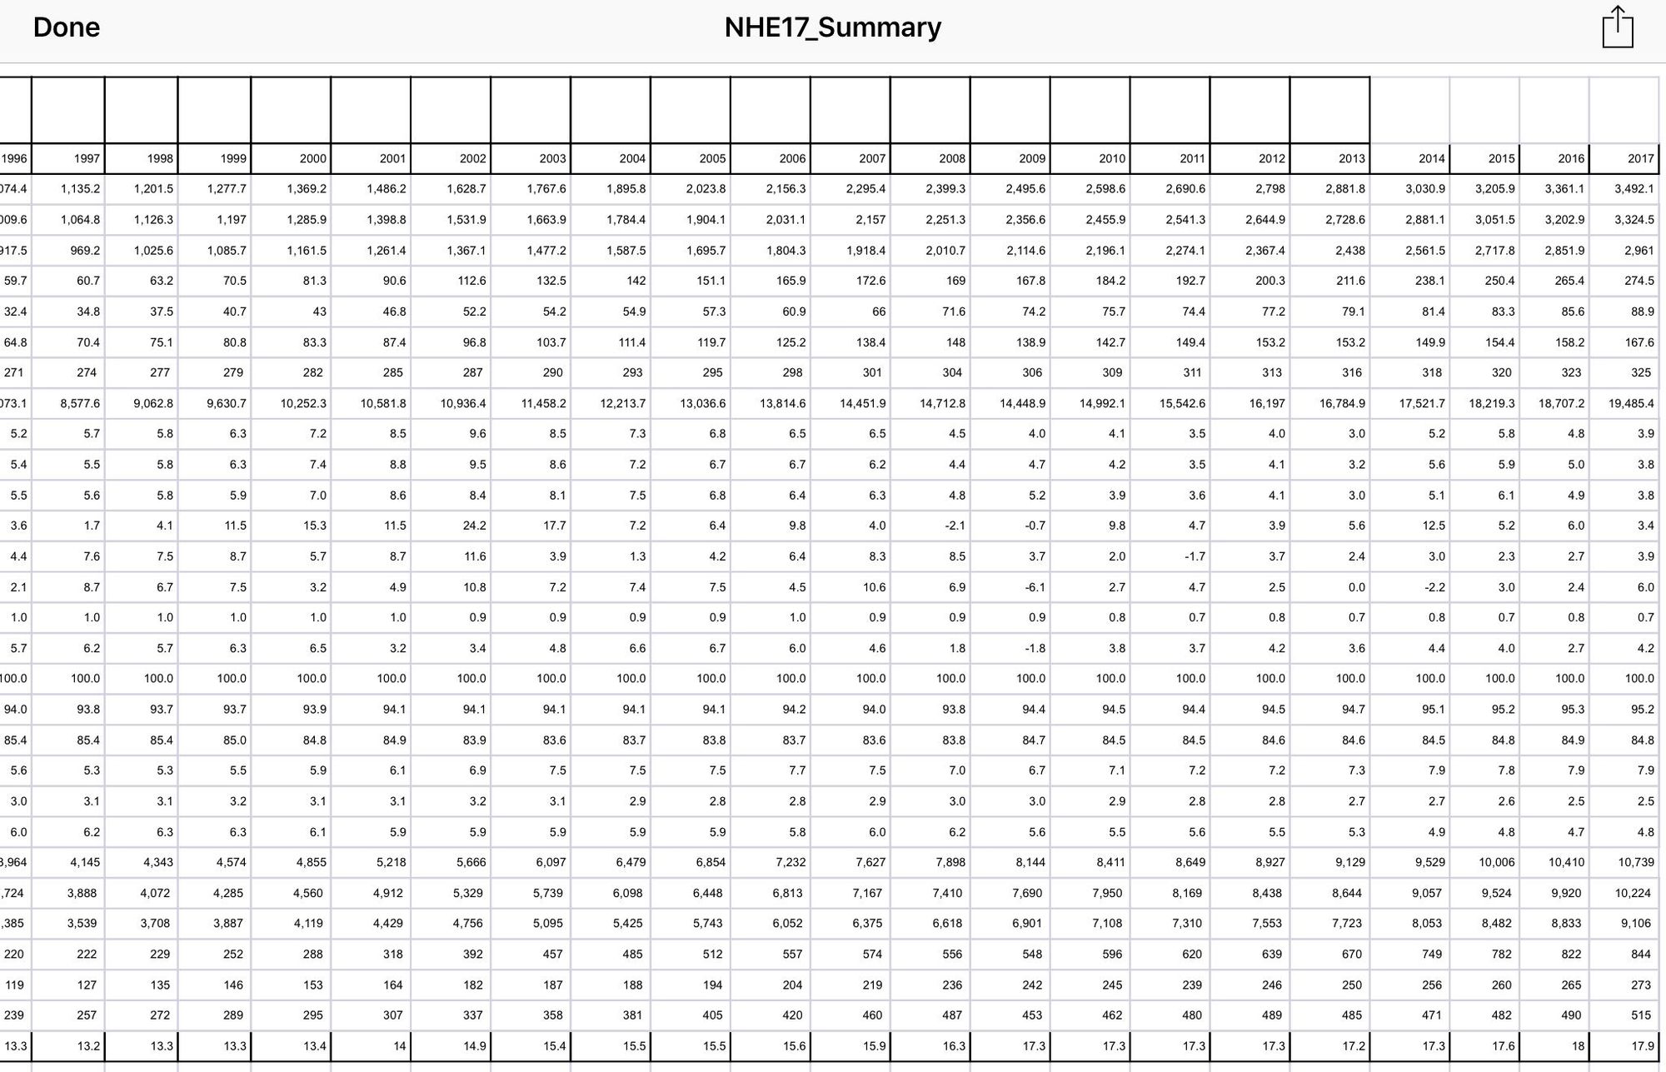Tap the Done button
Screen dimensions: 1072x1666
[67, 27]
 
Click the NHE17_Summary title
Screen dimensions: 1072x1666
[832, 27]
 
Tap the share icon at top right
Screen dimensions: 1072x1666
[1617, 27]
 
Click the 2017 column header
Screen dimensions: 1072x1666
[1640, 158]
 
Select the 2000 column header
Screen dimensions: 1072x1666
[312, 158]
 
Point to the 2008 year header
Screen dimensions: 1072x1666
[951, 158]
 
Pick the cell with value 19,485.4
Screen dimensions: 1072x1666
[1631, 403]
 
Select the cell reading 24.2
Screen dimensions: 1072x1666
[471, 526]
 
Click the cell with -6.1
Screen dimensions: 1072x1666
[1031, 587]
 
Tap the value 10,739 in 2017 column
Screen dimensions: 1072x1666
[1635, 862]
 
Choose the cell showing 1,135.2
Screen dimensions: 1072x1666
[80, 189]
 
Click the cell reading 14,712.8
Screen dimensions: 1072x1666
[942, 403]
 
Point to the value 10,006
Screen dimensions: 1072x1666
[1496, 862]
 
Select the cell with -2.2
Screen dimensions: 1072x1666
[1434, 587]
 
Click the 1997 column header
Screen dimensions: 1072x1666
[87, 158]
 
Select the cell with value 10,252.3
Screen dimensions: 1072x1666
[303, 403]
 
